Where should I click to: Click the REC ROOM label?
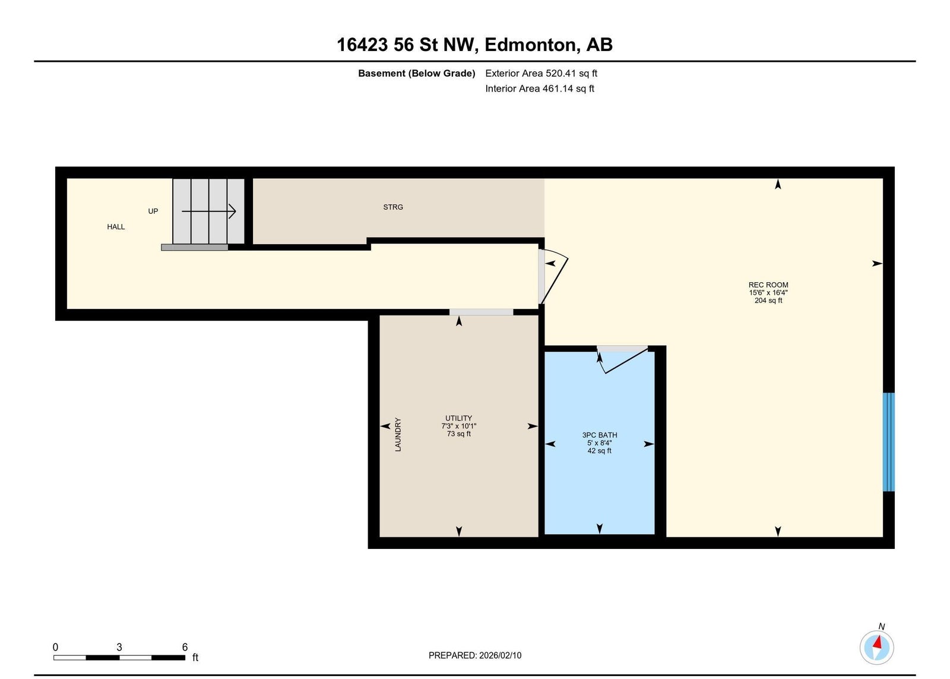768,285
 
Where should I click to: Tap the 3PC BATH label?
599,435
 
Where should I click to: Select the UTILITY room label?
458,418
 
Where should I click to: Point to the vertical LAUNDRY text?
398,434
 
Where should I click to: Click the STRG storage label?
392,207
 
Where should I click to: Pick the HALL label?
116,227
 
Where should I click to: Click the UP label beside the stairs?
153,211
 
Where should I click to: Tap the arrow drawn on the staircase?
208,211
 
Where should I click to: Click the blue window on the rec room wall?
888,442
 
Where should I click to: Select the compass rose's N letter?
881,627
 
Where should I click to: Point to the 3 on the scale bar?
119,647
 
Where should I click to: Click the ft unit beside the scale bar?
195,658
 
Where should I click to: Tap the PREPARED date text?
475,656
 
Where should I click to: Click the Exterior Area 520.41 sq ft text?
541,74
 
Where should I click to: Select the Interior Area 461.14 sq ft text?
540,89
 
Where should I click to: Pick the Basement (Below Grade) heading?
416,74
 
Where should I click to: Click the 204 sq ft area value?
768,301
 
